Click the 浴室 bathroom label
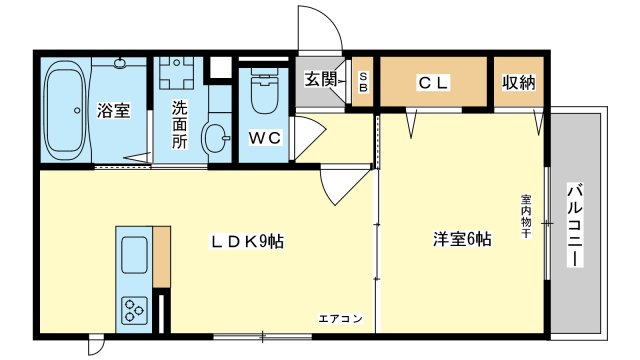click(x=113, y=110)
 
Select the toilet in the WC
click(x=264, y=90)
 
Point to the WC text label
click(x=264, y=138)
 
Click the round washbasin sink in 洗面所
click(x=216, y=138)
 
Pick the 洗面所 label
click(x=179, y=124)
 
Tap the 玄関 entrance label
click(x=321, y=79)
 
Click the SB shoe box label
click(x=363, y=82)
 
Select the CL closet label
click(x=433, y=83)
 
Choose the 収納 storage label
click(x=518, y=82)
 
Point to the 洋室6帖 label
click(x=462, y=239)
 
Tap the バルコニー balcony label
click(x=575, y=225)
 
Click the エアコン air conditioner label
click(x=340, y=318)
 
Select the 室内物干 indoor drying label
click(x=525, y=216)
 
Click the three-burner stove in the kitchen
click(x=135, y=311)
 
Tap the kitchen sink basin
click(x=134, y=255)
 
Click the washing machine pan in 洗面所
click(x=176, y=73)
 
